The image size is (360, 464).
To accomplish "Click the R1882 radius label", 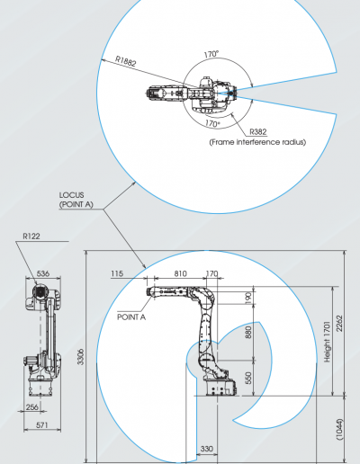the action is point(126,60).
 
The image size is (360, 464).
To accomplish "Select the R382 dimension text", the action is point(258,131).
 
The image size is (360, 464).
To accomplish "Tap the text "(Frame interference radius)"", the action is point(257,142).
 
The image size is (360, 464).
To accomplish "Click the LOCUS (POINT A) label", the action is point(76,200).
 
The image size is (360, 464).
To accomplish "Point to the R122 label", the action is point(31,236).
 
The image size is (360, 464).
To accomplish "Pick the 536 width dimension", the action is point(43,273).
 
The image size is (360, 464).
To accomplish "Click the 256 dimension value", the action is point(32,406).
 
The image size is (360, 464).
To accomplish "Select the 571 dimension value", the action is point(42,424).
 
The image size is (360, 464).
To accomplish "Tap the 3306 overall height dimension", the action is point(81,356).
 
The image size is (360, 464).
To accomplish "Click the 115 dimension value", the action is point(117,273).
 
